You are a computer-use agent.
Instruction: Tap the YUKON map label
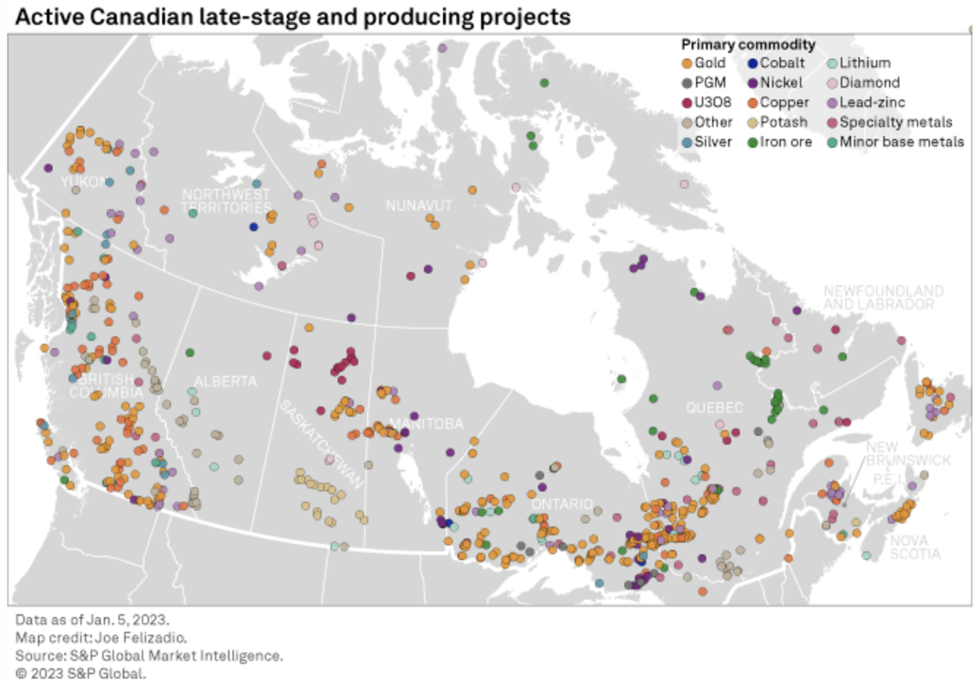83,182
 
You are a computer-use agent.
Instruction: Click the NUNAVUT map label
418,205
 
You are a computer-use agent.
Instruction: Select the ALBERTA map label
225,382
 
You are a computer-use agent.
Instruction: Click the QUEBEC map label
714,407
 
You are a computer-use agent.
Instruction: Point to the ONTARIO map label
562,504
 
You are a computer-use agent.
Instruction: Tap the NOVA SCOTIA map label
914,547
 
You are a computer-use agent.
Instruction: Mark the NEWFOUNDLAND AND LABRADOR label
882,298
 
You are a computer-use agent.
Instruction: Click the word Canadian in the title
141,17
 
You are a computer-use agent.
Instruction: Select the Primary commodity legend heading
748,45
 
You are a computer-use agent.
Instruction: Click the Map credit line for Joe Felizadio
101,638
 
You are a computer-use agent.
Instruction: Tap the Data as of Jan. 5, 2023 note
92,620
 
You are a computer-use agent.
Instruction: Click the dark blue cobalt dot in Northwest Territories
254,227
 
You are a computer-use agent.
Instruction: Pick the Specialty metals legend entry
895,122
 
